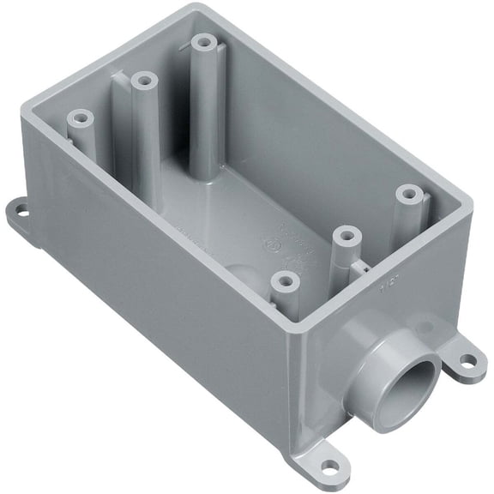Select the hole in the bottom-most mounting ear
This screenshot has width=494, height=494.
328,467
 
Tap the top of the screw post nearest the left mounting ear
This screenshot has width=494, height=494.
80,116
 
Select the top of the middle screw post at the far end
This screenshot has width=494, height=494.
142,80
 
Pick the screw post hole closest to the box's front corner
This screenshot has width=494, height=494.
281,279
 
